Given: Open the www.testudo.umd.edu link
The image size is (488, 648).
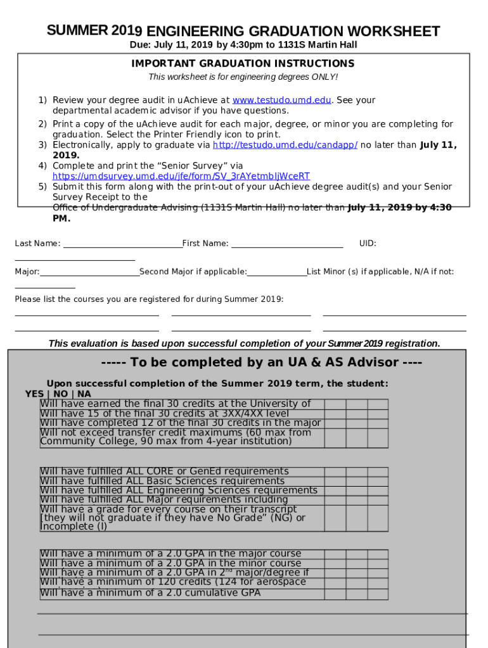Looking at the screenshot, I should [281, 100].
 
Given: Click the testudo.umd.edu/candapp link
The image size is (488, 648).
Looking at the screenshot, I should [285, 145].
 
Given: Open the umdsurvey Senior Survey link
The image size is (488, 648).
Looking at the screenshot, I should [181, 176].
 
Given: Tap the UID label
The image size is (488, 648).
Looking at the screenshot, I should [368, 244].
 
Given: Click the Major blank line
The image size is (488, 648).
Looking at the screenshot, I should [89, 273].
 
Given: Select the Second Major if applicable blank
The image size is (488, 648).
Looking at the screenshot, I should [277, 273].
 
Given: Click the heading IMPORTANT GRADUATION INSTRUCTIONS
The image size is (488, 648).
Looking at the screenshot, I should [243, 64].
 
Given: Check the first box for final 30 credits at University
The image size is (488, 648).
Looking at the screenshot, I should [335, 404].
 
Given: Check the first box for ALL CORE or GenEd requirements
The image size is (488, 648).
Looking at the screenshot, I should [335, 471].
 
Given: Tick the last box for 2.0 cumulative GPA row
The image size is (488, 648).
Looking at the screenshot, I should [378, 593].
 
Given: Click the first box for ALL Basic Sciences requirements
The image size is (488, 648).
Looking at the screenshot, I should [335, 481].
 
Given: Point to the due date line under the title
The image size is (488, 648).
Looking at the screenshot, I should [243, 45].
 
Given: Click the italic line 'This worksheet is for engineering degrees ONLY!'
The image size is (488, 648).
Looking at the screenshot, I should [243, 77].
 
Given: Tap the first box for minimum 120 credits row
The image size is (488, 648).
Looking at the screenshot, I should [335, 582].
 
